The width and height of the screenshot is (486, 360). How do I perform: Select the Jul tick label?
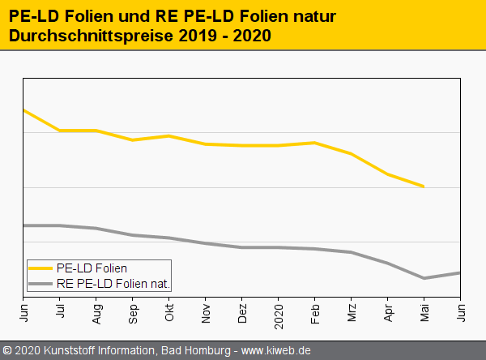pos(61,312)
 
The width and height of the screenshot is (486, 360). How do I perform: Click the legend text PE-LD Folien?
pos(92,268)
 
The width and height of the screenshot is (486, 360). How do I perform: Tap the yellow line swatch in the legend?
pos(40,268)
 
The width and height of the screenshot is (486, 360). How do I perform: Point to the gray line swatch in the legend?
pos(40,284)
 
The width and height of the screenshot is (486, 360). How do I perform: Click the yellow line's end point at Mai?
pos(424,186)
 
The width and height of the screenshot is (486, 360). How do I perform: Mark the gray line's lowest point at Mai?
pos(424,278)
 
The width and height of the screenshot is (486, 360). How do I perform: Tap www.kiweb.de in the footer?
pos(276,351)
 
